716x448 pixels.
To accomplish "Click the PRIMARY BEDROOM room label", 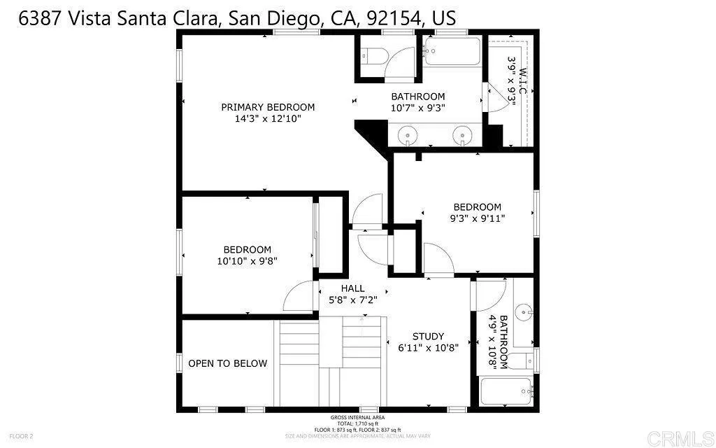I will [x=268, y=107].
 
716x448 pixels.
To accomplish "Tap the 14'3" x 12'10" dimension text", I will [x=268, y=119].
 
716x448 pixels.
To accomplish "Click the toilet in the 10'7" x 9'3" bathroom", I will [x=373, y=56].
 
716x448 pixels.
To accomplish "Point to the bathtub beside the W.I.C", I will [x=452, y=52].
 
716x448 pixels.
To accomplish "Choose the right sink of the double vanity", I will [x=461, y=134].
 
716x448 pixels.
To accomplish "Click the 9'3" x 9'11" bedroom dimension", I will [x=477, y=218].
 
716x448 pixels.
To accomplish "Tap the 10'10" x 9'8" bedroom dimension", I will [x=247, y=261].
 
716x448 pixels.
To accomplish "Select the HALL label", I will [x=352, y=288].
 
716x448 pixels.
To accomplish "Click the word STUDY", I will [x=428, y=336].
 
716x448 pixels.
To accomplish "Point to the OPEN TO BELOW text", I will [x=227, y=363].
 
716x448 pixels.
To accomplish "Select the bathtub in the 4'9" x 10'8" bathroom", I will [x=506, y=391].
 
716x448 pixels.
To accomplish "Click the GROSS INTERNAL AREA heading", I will [x=358, y=418].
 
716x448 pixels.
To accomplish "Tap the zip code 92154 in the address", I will [x=391, y=18].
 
